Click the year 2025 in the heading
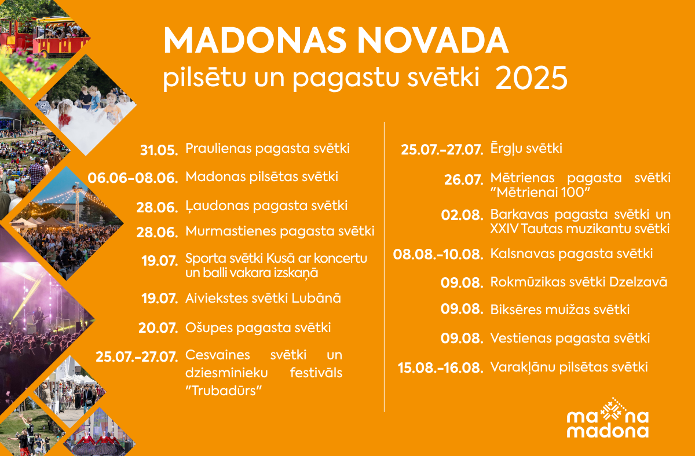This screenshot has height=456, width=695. click(532, 78)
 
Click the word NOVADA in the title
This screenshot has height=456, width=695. click(433, 41)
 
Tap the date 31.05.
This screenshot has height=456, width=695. click(159, 150)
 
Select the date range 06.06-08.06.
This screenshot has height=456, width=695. click(133, 178)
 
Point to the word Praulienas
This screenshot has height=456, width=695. click(218, 148)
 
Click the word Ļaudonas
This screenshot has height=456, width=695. click(217, 206)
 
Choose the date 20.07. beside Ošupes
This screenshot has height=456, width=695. click(158, 328)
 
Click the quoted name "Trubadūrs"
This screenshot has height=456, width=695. click(224, 391)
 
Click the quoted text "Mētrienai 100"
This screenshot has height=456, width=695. click(540, 192)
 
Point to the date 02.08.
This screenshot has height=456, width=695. click(462, 215)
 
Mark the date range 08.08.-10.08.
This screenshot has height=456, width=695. click(438, 255)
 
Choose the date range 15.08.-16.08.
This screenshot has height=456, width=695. click(440, 368)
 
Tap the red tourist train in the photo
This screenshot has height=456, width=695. click(43, 37)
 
